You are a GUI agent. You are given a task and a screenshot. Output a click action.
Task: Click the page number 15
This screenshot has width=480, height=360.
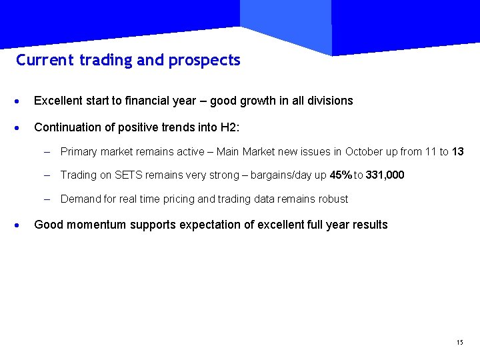click(459, 343)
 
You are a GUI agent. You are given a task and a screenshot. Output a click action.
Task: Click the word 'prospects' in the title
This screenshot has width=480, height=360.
click(205, 61)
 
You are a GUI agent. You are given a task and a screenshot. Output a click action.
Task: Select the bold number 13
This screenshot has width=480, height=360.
click(457, 152)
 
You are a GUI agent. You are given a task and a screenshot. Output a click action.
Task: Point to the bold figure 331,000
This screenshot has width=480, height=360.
click(385, 175)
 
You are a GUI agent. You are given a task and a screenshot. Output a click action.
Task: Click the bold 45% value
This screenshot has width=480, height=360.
click(341, 175)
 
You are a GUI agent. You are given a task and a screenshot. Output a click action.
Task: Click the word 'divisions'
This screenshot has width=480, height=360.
click(330, 101)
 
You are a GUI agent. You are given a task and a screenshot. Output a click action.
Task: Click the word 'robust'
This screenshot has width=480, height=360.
click(333, 199)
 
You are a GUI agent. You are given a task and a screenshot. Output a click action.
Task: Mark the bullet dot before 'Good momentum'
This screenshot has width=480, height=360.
click(20, 225)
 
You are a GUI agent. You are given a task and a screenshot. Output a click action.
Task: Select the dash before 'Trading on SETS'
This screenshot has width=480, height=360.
click(47, 175)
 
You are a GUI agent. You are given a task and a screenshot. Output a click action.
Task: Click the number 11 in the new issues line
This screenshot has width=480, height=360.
click(431, 152)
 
